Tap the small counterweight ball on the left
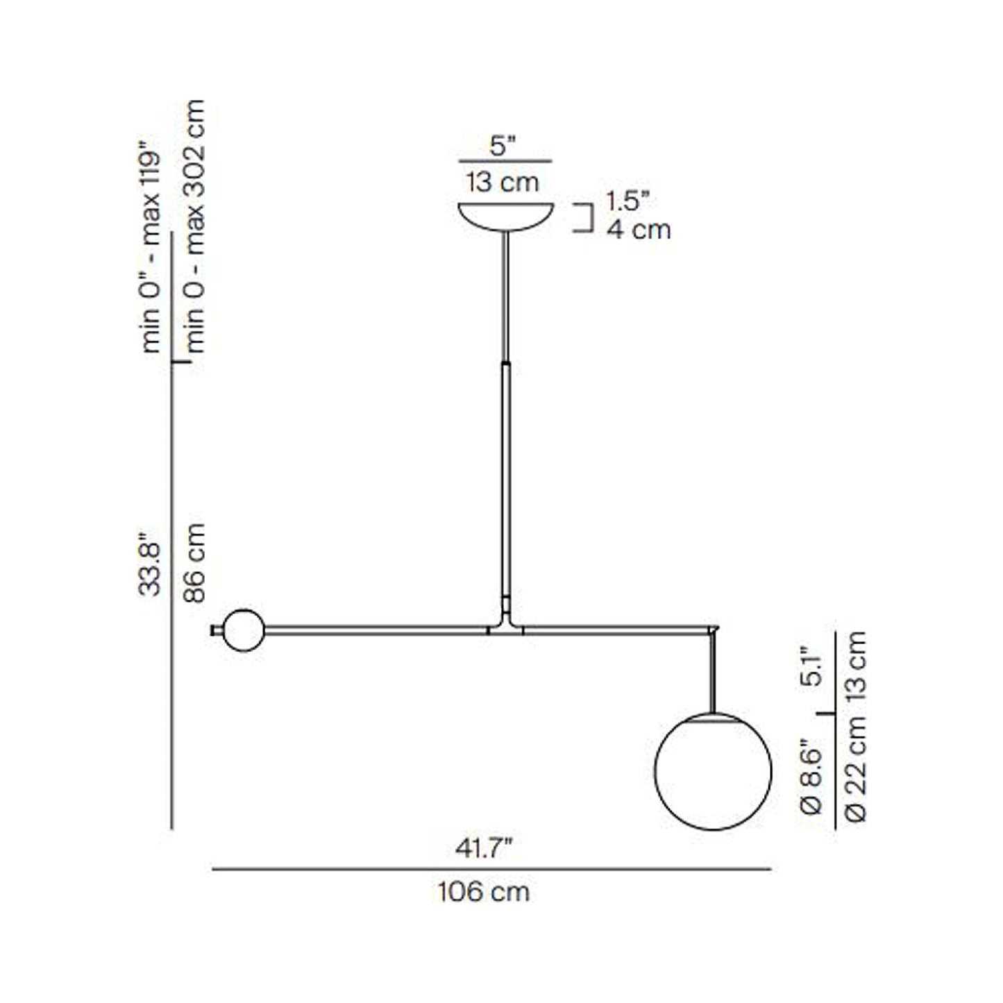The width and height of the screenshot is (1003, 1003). (244, 630)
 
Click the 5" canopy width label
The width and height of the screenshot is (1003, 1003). (503, 146)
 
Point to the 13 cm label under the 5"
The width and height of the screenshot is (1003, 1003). (503, 183)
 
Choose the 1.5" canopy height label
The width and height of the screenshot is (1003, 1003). (627, 201)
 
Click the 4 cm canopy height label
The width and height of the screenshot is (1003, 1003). (639, 229)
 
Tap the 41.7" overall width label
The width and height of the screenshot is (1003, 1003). (484, 848)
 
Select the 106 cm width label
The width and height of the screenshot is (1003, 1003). (483, 891)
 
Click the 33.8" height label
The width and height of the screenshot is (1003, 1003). (151, 564)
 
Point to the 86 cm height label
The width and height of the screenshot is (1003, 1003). (195, 563)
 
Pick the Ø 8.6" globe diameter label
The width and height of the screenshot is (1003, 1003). (811, 776)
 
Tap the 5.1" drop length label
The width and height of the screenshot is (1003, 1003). (811, 667)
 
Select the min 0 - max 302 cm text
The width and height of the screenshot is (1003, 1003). (195, 226)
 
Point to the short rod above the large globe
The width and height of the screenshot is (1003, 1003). (713, 672)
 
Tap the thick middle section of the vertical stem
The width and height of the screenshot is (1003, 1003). (507, 479)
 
